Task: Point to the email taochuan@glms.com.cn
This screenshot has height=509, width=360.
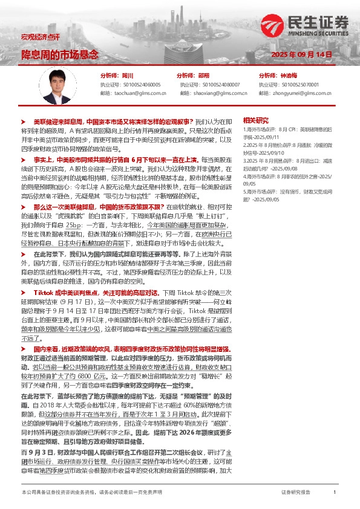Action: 131,94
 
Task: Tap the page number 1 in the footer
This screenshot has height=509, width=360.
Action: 335,493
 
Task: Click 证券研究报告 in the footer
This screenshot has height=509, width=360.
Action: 296,493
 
